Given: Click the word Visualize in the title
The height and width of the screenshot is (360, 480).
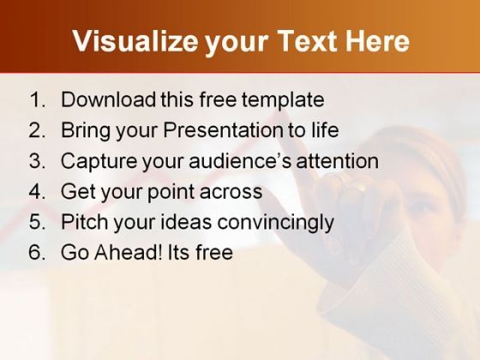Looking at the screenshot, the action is point(135,42).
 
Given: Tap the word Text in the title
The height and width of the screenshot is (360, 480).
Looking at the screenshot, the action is point(309,41).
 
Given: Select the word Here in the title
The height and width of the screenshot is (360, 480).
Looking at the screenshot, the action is point(378,41).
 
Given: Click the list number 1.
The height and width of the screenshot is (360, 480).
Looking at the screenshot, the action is point(38,99).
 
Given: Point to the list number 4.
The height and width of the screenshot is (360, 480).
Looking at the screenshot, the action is point(38,191).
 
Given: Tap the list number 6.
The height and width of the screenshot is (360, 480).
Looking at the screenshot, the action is point(38,253).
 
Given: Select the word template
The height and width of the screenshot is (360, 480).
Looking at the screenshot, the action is point(283,100).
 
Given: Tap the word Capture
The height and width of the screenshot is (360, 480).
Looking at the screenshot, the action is point(99,162).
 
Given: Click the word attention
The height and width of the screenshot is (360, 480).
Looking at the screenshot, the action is point(338,161).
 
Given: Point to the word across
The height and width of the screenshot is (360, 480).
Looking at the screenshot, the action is point(231,192).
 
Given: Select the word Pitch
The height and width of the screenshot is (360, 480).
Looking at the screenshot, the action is point(84,222).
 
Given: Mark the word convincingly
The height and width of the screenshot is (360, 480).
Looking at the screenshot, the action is point(275,223).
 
